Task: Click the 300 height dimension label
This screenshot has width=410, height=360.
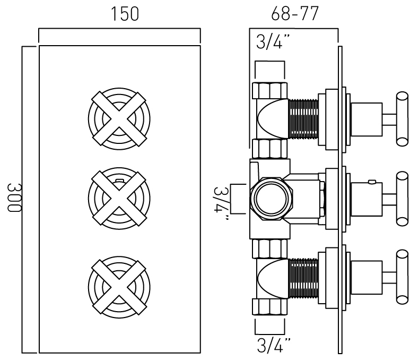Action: point(14,198)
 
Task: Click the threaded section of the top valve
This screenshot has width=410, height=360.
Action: point(302,117)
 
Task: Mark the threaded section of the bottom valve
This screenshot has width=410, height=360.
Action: point(302,279)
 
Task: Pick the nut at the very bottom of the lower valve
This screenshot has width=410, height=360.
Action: point(269,307)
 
